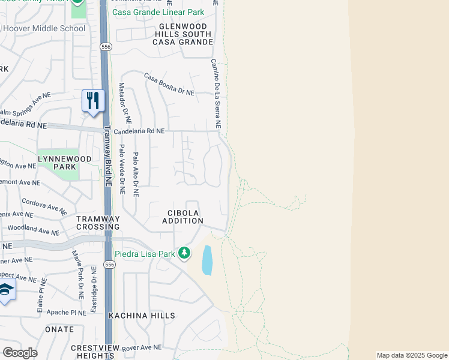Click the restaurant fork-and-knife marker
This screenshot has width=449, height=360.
tap(93, 100)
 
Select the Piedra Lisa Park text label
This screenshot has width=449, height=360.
tap(145, 254)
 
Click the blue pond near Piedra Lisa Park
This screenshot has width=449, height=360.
tap(207, 260)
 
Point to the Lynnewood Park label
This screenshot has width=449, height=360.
tap(56, 163)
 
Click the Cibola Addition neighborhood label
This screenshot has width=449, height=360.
tap(182, 217)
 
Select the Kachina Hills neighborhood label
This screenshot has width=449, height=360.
tap(142, 316)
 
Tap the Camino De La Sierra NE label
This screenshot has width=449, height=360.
tap(215, 94)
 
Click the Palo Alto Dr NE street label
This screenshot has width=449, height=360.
tap(136, 175)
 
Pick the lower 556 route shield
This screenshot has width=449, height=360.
tap(109, 264)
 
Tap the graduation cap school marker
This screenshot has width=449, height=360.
tap(6, 291)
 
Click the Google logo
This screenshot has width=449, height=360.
tap(20, 353)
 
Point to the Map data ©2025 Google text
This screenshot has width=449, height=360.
tap(412, 355)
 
